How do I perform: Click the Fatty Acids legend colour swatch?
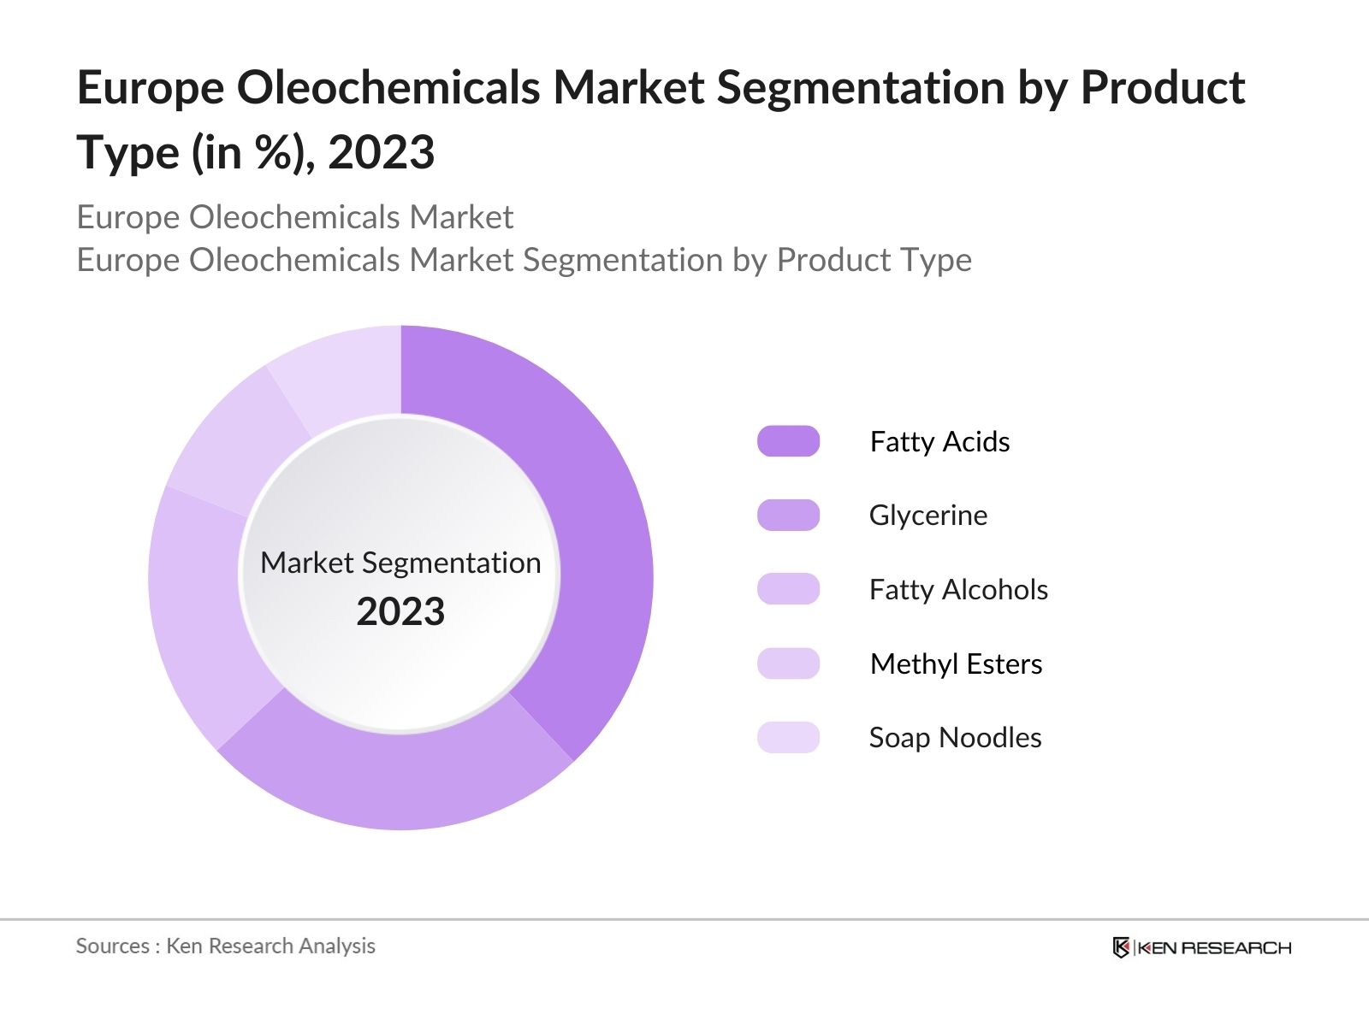click(x=788, y=441)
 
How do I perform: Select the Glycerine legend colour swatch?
click(x=788, y=516)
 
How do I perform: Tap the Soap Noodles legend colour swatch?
click(x=788, y=737)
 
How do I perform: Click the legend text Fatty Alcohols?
click(x=958, y=590)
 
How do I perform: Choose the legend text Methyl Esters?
click(x=956, y=664)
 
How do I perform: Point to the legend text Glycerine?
click(x=928, y=516)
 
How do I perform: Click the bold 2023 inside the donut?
click(x=400, y=612)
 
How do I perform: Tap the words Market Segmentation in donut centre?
click(x=400, y=563)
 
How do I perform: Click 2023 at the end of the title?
click(x=382, y=154)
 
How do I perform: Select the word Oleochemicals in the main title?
click(x=388, y=88)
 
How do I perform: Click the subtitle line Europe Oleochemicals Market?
click(x=295, y=217)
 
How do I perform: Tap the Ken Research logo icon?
click(x=1121, y=947)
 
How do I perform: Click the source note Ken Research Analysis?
click(x=270, y=946)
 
